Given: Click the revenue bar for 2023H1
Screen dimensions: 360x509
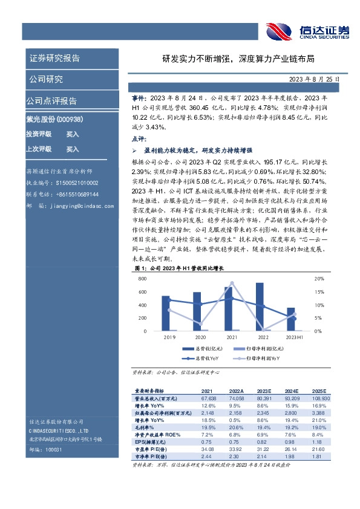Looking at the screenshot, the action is click(x=291, y=319).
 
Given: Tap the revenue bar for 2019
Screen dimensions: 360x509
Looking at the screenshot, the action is click(x=165, y=313).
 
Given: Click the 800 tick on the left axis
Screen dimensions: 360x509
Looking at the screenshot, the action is click(x=143, y=279).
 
